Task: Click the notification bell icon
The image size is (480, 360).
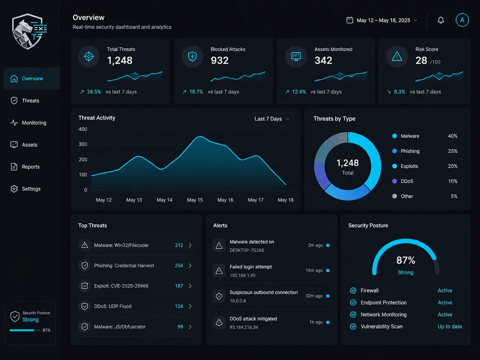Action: pos(441,20)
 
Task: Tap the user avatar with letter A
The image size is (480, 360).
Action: pos(462,20)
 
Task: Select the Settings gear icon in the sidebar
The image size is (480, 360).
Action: pos(14,189)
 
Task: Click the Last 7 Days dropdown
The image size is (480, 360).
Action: pos(272,119)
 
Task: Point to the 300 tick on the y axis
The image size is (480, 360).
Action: pos(83,144)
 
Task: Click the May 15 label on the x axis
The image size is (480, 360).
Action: pos(195,200)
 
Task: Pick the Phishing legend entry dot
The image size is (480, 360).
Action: pos(394,151)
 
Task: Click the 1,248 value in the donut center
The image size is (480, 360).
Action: pos(348,163)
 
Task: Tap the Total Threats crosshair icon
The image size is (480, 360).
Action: pos(89,56)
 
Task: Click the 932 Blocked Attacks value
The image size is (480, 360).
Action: pos(220,60)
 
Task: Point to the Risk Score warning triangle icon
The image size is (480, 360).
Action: pos(397,57)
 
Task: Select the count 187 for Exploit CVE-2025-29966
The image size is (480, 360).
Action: pos(179,286)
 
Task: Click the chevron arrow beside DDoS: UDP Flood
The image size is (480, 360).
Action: pos(190,306)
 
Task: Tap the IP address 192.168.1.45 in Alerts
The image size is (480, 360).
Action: pos(242,276)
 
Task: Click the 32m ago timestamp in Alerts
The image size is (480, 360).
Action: pos(314,296)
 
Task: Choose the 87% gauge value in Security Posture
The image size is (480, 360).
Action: pos(406,260)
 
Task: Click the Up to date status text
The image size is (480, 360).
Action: pos(450,326)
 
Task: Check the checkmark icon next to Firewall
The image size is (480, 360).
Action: pos(353,290)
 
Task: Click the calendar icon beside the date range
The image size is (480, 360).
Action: pos(350,20)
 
